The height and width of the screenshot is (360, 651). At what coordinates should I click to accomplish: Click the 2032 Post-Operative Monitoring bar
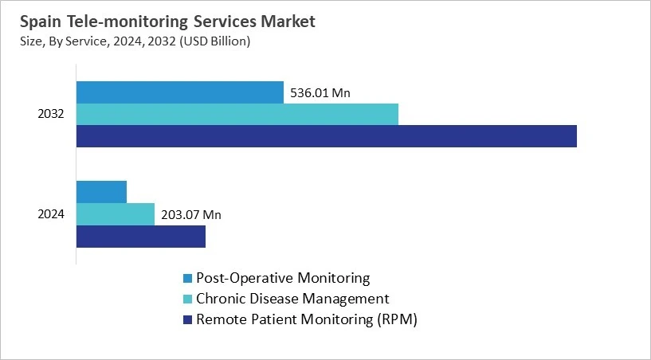[179, 92]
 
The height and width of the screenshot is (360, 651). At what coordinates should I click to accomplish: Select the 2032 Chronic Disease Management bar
[237, 114]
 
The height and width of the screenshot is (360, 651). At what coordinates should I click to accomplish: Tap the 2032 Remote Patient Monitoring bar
[326, 136]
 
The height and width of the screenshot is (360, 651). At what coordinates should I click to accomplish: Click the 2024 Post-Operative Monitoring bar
[101, 192]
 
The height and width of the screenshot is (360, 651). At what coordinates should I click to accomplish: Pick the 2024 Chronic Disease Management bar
[115, 214]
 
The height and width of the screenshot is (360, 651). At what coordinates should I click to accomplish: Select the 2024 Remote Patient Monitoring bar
[140, 237]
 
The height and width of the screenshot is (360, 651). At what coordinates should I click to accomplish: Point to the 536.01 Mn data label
[320, 93]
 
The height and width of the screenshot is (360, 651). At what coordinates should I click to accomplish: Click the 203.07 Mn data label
[191, 215]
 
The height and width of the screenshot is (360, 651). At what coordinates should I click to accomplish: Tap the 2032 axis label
[50, 114]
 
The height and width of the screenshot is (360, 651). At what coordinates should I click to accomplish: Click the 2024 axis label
[50, 214]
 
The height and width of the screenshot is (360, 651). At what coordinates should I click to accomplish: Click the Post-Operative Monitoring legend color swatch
[188, 279]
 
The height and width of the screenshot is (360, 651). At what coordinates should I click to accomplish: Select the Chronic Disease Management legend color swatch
[188, 299]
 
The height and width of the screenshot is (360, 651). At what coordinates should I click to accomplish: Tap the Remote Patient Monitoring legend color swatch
[188, 320]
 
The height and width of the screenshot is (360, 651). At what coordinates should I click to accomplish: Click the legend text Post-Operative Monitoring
[283, 278]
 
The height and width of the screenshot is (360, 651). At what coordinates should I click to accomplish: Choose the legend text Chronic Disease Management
[292, 299]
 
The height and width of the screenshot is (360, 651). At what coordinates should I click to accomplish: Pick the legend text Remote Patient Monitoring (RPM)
[307, 319]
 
